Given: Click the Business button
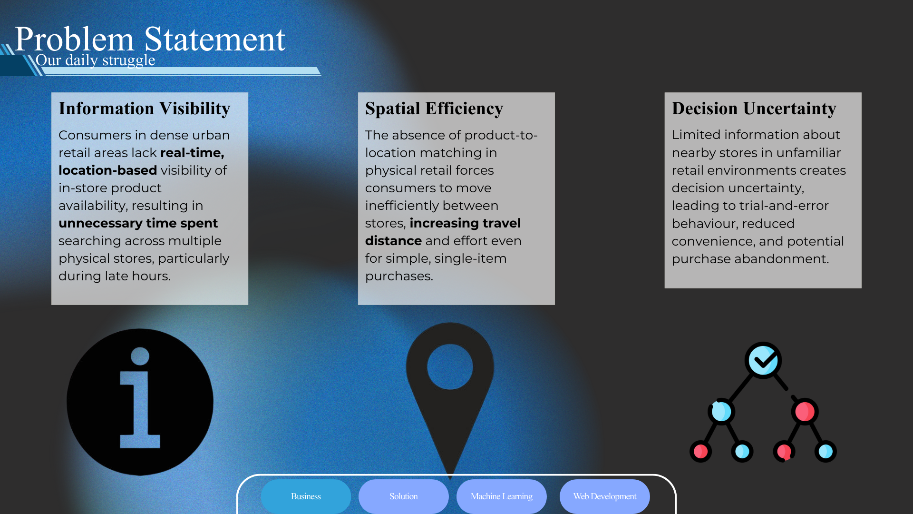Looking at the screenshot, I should pyautogui.click(x=306, y=496).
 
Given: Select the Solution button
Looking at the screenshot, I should pyautogui.click(x=403, y=496).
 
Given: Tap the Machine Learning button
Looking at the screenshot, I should pyautogui.click(x=501, y=496).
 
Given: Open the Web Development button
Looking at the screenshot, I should pyautogui.click(x=604, y=496).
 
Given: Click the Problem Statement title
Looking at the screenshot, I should pyautogui.click(x=150, y=39).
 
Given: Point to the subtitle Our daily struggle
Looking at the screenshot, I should pyautogui.click(x=95, y=60).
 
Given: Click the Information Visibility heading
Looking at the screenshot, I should pyautogui.click(x=144, y=109).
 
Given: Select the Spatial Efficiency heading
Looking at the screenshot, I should pyautogui.click(x=434, y=109).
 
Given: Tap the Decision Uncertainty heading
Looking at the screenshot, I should pyautogui.click(x=754, y=109).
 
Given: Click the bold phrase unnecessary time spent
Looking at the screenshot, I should pyautogui.click(x=138, y=223).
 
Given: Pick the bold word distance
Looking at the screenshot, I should pyautogui.click(x=393, y=241).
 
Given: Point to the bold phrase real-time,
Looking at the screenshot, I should pyautogui.click(x=192, y=153).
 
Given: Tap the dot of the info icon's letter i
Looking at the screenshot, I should pyautogui.click(x=140, y=356).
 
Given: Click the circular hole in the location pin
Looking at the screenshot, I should pyautogui.click(x=450, y=366).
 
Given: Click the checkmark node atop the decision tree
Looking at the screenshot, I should pyautogui.click(x=763, y=360).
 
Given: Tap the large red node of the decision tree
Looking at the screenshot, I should pyautogui.click(x=805, y=411).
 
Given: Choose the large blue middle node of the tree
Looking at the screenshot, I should pyautogui.click(x=721, y=411).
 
